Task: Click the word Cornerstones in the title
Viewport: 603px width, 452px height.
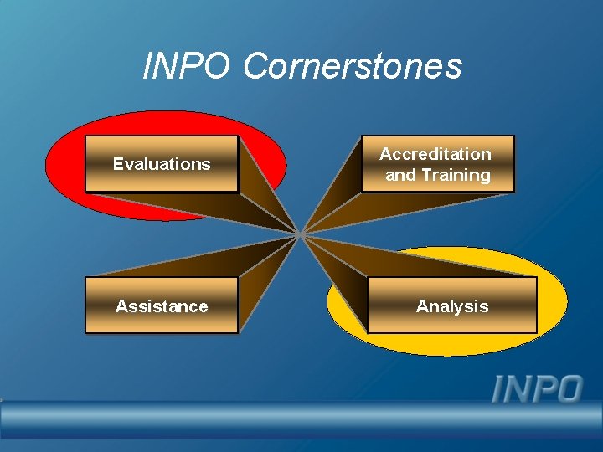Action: (x=352, y=66)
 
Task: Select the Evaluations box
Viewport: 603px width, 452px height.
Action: (x=162, y=164)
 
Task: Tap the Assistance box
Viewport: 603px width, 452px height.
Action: (x=162, y=306)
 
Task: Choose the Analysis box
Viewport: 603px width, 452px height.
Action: (x=452, y=306)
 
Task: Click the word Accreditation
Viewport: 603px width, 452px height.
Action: (x=435, y=154)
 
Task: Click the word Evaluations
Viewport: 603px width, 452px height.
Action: (x=162, y=164)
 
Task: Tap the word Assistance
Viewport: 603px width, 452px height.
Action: (x=162, y=306)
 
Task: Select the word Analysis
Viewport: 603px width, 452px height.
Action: (x=452, y=306)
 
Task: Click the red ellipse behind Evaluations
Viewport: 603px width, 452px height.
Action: (x=67, y=167)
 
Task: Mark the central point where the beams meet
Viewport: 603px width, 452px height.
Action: (x=300, y=234)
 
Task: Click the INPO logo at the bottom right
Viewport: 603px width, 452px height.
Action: (x=537, y=389)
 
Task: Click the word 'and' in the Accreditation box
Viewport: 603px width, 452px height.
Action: (x=399, y=175)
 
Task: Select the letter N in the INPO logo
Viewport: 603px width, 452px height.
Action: (x=518, y=389)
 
